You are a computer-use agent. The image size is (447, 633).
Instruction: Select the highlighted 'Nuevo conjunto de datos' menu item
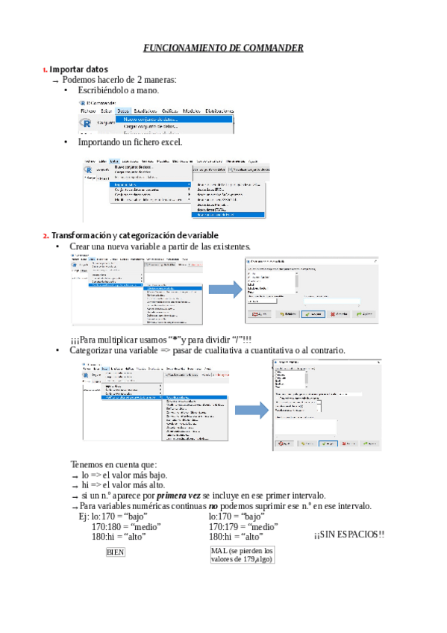tap(150, 119)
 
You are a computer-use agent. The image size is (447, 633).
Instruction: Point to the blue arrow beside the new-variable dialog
tap(222, 290)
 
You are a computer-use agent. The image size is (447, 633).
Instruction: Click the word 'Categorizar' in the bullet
tap(93, 350)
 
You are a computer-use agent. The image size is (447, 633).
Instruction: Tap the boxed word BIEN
tap(116, 552)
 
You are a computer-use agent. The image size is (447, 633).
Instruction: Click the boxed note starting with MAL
tap(243, 555)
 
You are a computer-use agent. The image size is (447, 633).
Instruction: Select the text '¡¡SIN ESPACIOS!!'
tap(348, 534)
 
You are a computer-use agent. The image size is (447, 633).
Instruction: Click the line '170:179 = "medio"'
tap(243, 526)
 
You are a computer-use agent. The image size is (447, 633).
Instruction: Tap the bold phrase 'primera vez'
tap(179, 496)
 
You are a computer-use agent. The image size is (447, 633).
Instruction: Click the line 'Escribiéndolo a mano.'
tap(118, 90)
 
